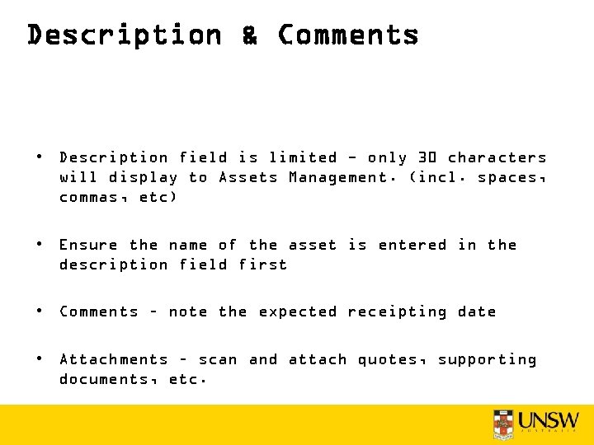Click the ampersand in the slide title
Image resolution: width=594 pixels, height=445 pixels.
click(249, 35)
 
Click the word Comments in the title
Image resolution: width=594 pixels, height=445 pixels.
click(348, 35)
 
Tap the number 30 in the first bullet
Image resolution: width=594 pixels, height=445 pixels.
click(425, 157)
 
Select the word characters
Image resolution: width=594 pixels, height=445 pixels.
click(497, 157)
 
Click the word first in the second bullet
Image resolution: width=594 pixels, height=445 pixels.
click(263, 265)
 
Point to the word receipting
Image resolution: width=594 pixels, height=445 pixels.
click(397, 311)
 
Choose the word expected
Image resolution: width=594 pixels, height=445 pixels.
click(298, 311)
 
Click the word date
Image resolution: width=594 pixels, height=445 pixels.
click(477, 311)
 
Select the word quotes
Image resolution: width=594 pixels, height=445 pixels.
click(390, 359)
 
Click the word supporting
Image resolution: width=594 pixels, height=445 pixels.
click(487, 360)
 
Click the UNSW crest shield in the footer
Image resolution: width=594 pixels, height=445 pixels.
click(502, 423)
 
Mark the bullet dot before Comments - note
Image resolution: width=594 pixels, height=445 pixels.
click(39, 311)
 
